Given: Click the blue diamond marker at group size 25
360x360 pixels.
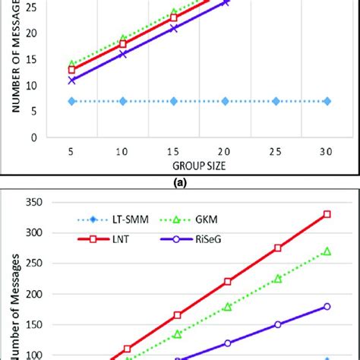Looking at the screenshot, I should tap(276, 101).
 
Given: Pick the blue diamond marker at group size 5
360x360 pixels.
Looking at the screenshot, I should tap(72, 101).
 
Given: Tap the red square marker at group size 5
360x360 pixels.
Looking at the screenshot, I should tap(72, 70).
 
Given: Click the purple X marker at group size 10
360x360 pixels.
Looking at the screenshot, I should tap(123, 54).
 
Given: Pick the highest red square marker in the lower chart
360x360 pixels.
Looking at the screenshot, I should tap(327, 214).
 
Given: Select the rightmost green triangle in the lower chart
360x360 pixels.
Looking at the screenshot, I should tap(327, 251).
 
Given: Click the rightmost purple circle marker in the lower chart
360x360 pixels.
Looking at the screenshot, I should tap(327, 306).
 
